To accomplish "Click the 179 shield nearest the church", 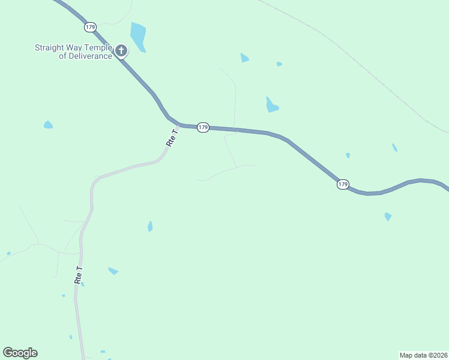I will click(x=90, y=27).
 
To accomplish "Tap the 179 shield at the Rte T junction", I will click(x=203, y=128).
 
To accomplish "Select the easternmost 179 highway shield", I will click(x=342, y=184).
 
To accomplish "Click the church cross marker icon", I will click(x=121, y=50).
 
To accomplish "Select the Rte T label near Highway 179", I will click(x=172, y=137).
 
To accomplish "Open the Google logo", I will click(x=20, y=353).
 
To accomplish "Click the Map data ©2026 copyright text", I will click(x=423, y=355).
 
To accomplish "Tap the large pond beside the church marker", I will click(x=138, y=37).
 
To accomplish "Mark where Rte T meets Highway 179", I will click(x=179, y=125).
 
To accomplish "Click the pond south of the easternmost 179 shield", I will click(x=388, y=216).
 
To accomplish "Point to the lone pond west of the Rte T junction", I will click(x=48, y=125).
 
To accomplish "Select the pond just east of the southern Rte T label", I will click(x=112, y=271).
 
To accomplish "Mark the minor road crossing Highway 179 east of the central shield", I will click(x=236, y=130).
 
